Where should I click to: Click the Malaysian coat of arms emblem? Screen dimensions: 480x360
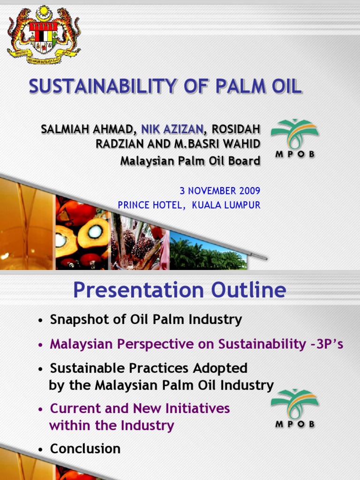tap(44, 35)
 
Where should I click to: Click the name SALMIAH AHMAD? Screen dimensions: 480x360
tap(87, 129)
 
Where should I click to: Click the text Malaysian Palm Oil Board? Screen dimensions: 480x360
tap(190, 161)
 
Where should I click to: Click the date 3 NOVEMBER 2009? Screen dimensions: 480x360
tap(220, 191)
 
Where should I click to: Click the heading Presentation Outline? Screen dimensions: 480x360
tap(180, 291)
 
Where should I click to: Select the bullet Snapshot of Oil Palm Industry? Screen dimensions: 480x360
tap(146, 320)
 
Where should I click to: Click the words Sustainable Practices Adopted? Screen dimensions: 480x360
tap(149, 368)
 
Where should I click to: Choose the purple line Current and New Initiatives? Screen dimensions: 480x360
tap(140, 408)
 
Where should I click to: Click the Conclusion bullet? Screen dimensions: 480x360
tap(85, 449)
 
